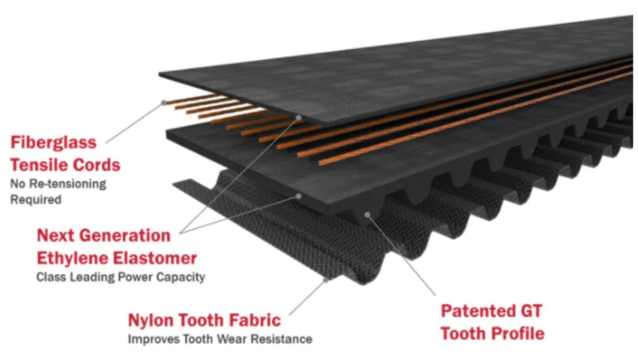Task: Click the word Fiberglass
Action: coord(53,143)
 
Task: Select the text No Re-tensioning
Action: coord(58,184)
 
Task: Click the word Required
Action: coord(36,200)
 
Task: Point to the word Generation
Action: coord(125,235)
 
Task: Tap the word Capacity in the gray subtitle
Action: coord(180,278)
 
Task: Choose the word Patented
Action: coord(472,311)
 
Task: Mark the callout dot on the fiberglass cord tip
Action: coord(164,103)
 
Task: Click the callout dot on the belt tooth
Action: coord(367,214)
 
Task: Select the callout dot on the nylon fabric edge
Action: coord(326,280)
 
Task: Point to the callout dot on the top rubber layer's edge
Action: coord(299,118)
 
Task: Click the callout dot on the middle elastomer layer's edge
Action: coord(298,196)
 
